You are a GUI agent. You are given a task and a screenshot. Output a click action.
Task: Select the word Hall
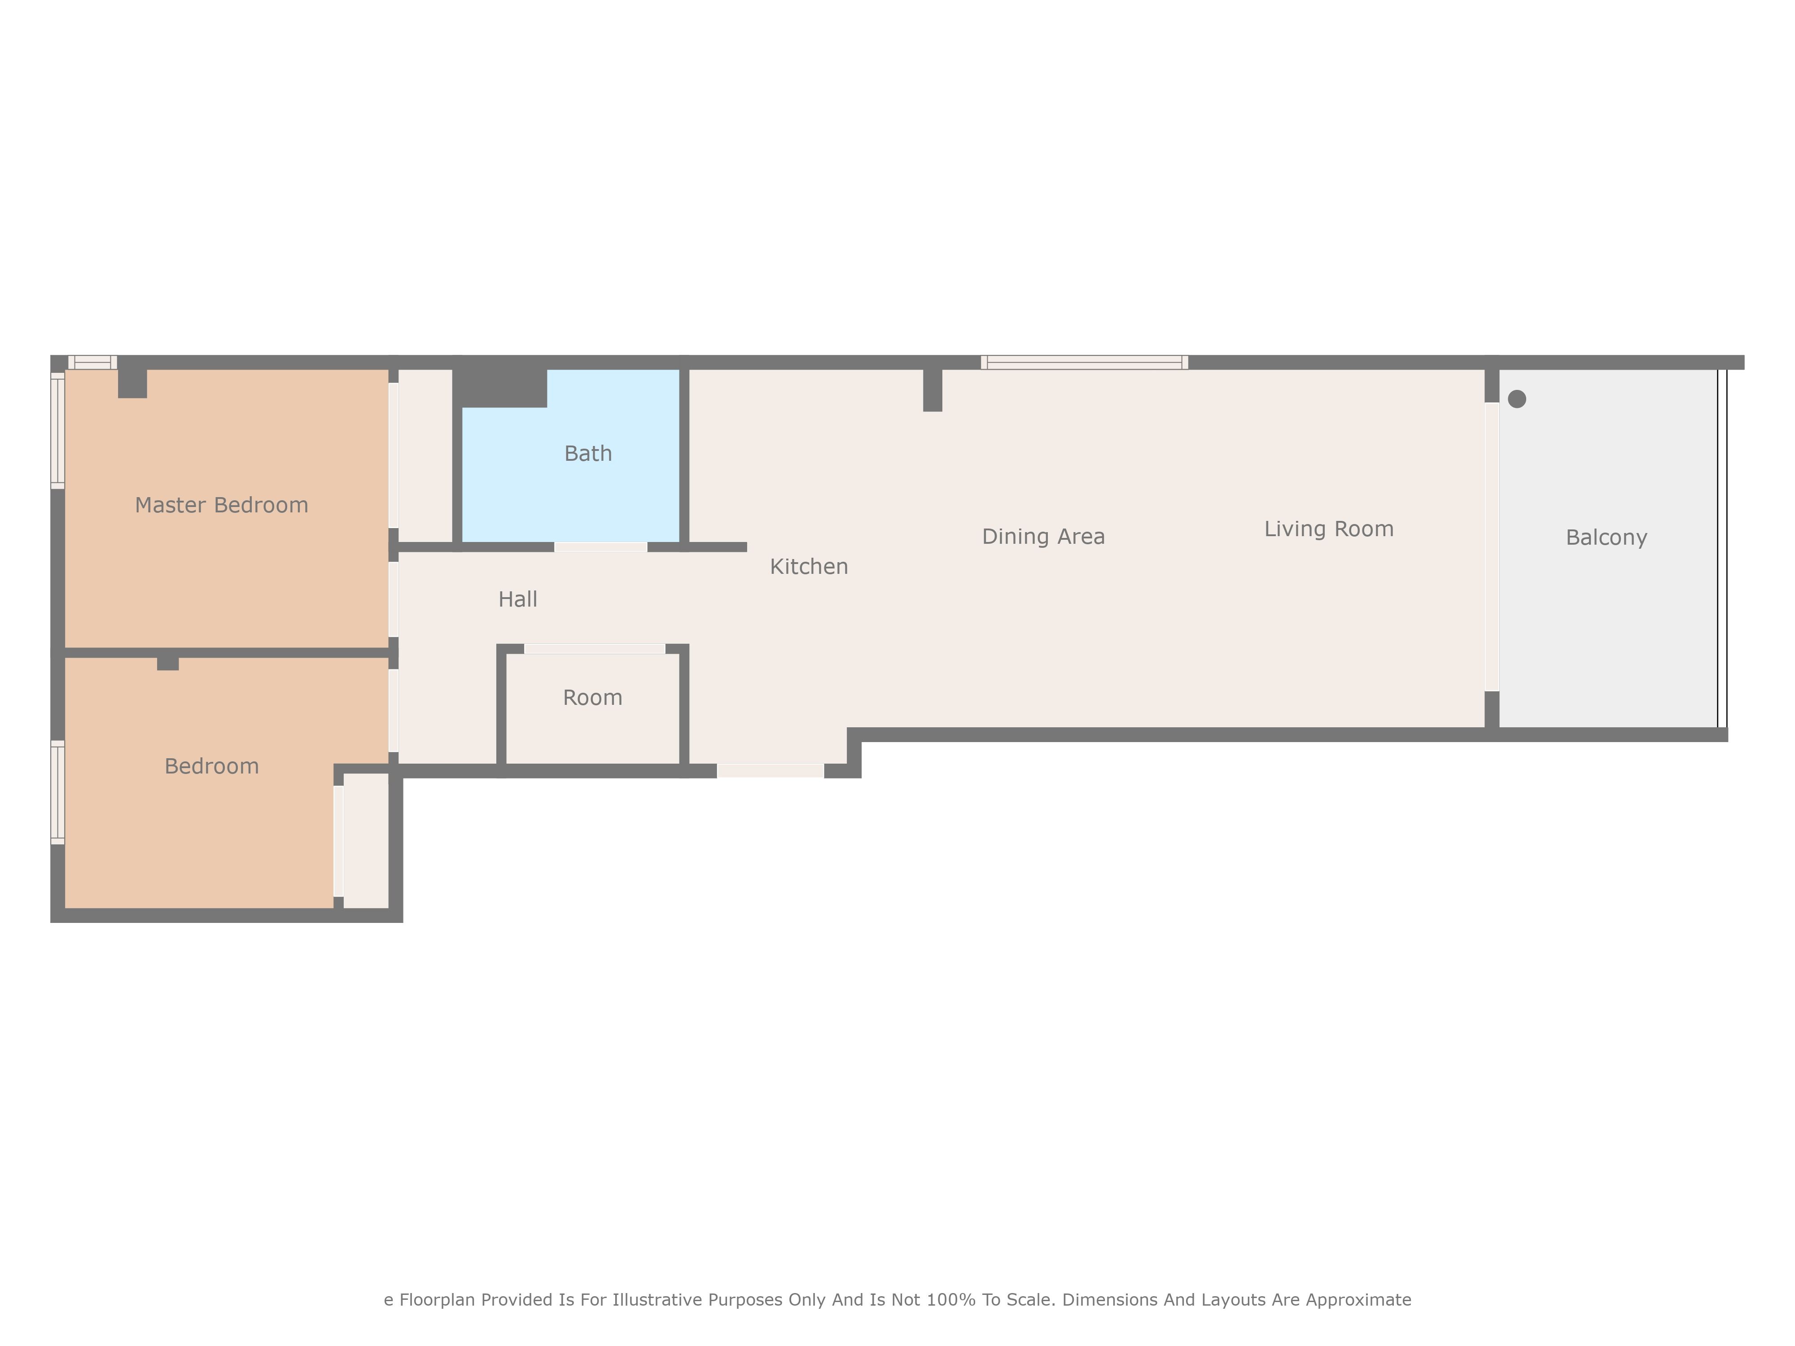tap(518, 599)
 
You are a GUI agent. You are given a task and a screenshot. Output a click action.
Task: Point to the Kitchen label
tap(809, 566)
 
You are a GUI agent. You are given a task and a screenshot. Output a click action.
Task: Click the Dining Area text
tap(1043, 536)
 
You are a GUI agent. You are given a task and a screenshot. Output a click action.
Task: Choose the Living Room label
tap(1329, 529)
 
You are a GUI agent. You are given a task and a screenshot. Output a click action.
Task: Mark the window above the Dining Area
tap(1084, 363)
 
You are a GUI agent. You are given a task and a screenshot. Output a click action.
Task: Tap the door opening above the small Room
tap(595, 649)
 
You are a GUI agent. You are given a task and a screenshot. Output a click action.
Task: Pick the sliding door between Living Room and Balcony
tap(1492, 547)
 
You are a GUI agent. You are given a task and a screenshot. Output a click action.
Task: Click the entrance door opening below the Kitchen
tap(770, 771)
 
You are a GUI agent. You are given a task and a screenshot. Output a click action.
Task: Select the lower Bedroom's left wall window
tap(57, 792)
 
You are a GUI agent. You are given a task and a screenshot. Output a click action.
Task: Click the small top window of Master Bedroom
tap(92, 363)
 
